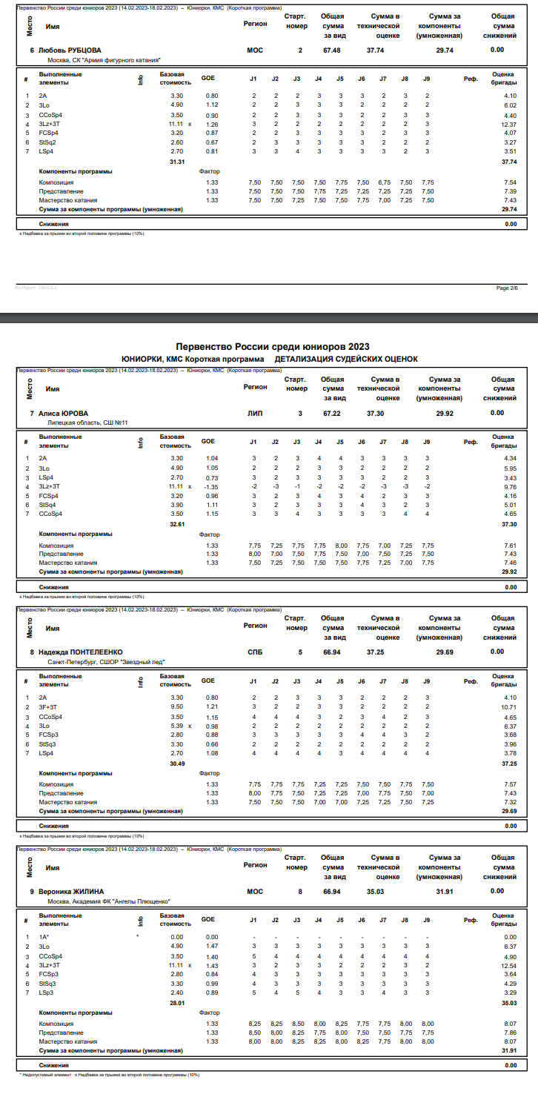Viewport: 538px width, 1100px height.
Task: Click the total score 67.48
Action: click(331, 50)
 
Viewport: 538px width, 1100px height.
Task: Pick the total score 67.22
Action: click(331, 413)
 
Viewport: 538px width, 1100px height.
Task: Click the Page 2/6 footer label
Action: click(506, 288)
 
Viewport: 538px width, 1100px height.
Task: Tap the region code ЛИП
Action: click(254, 413)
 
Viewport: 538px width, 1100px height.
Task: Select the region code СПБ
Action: click(254, 652)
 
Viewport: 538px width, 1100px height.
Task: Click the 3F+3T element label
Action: click(49, 707)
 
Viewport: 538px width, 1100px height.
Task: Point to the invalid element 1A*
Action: click(44, 937)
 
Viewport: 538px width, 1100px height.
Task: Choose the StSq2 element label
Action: click(47, 142)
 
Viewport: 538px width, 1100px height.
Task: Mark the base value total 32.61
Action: click(178, 524)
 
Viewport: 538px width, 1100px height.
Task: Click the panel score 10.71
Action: click(508, 707)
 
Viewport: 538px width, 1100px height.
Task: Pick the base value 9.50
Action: click(176, 707)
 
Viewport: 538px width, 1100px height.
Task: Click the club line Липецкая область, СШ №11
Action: click(87, 423)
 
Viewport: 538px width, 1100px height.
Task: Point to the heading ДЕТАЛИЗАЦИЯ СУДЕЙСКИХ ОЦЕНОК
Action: click(346, 360)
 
